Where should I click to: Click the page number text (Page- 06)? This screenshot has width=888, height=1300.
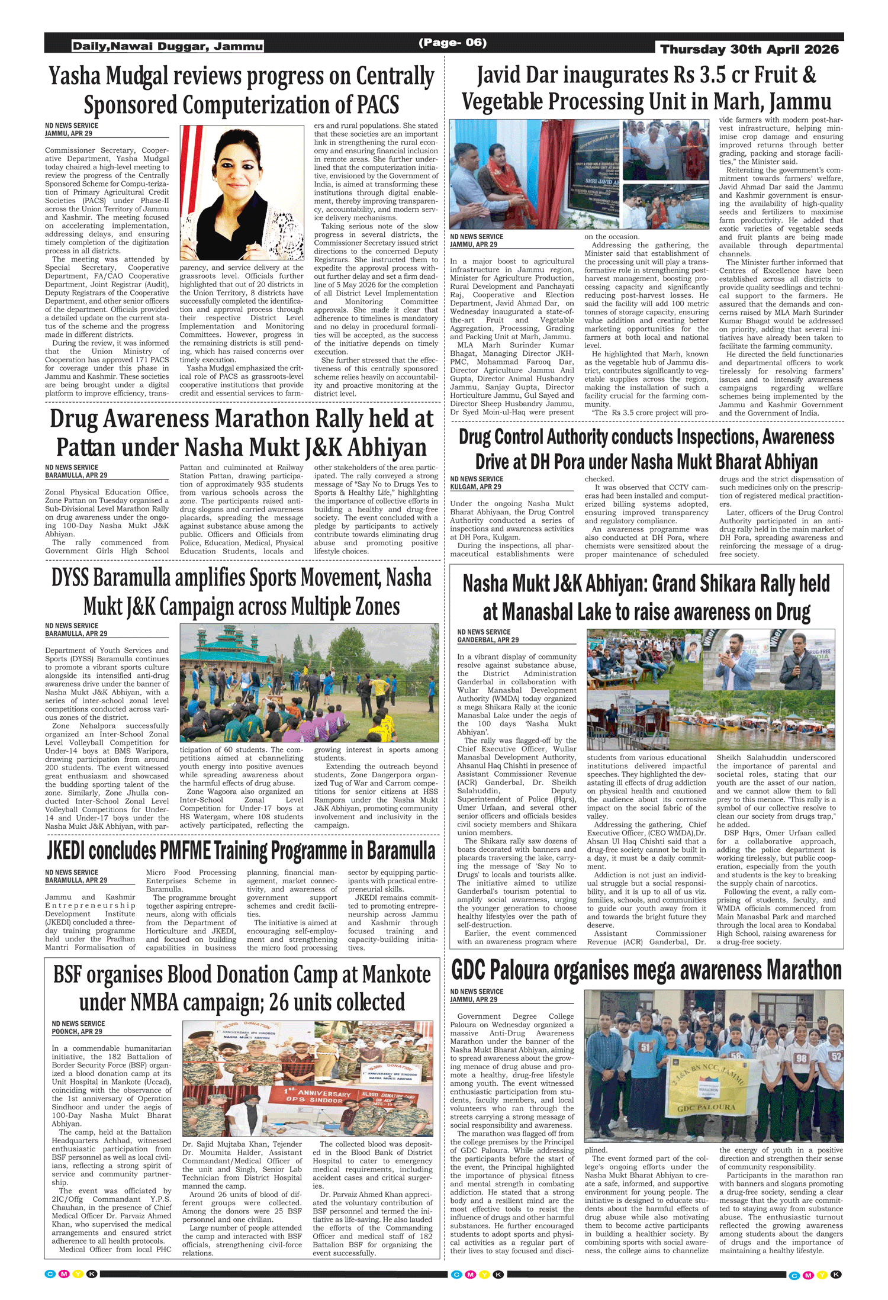(x=452, y=43)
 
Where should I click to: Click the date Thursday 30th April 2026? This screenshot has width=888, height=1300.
(x=749, y=49)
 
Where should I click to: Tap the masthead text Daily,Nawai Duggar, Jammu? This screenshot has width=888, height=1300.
(x=168, y=46)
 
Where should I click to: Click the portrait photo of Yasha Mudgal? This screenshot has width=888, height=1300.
(x=242, y=192)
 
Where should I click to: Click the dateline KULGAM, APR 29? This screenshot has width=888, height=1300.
(x=475, y=487)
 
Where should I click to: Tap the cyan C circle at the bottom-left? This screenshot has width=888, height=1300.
(x=50, y=1274)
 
